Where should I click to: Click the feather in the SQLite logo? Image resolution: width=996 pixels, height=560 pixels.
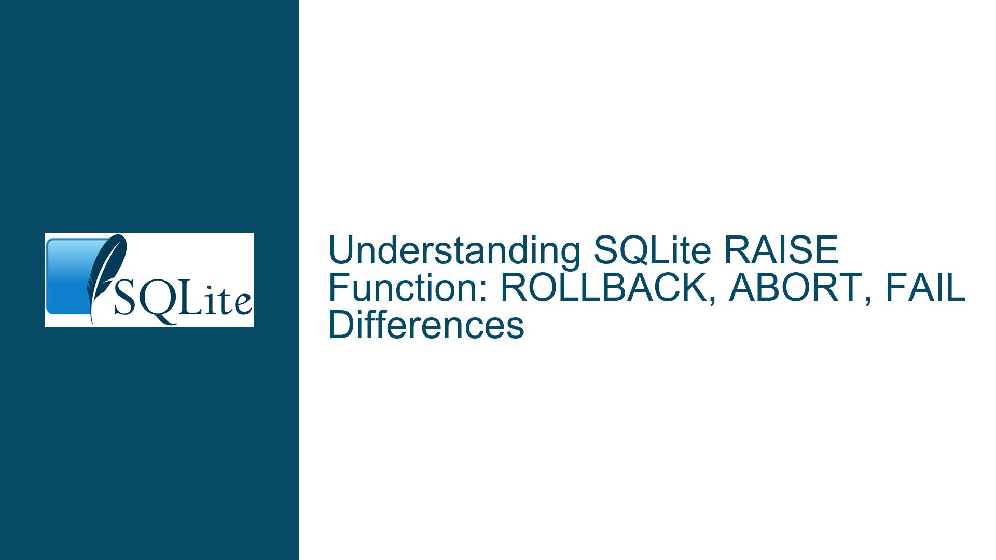[x=105, y=275]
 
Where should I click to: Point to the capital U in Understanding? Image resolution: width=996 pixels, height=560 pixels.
[x=340, y=251]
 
